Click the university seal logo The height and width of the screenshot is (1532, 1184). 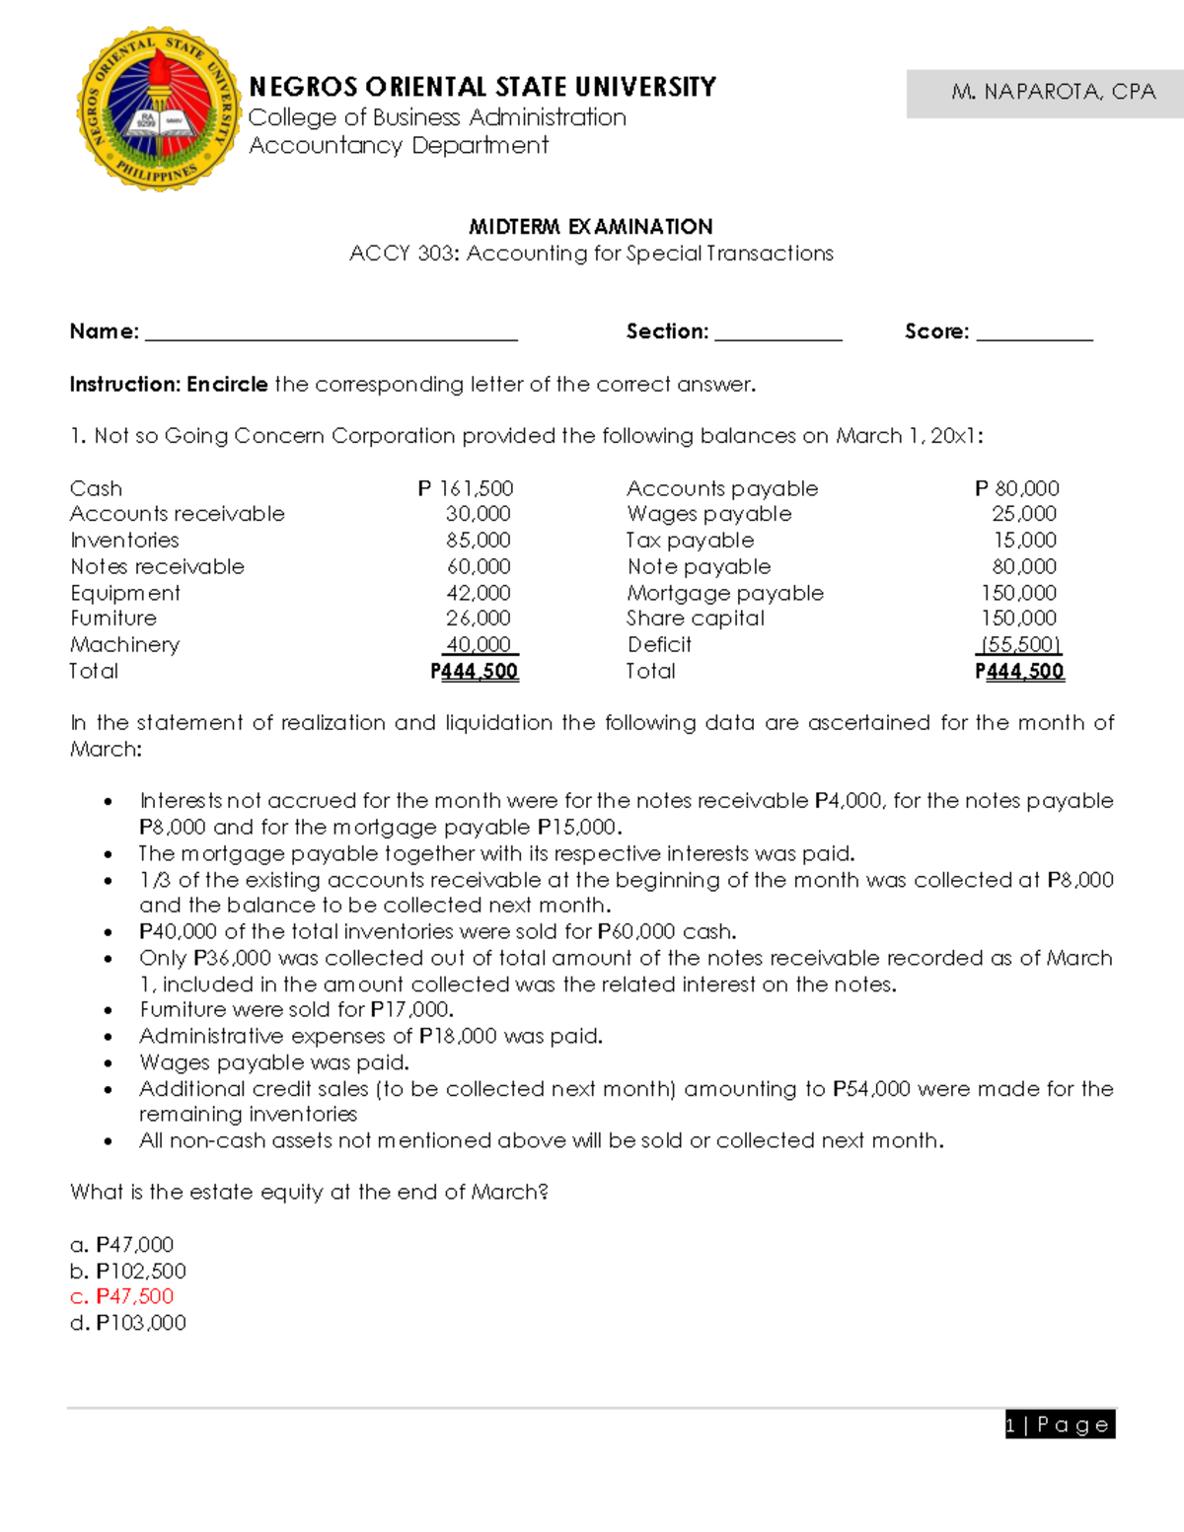[159, 109]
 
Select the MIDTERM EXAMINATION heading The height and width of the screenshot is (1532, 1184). [591, 227]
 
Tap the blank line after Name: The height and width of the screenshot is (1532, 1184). [332, 334]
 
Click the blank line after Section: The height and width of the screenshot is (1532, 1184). [777, 334]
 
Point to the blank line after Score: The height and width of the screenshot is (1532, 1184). [1034, 334]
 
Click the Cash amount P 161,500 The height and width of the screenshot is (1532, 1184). [466, 488]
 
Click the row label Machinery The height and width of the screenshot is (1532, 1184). [125, 645]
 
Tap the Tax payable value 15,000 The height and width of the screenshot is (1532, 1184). [1024, 541]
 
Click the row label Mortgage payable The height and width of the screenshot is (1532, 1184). [725, 593]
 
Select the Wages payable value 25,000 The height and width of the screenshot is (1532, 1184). [1024, 514]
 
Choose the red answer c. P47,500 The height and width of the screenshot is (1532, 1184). [122, 1296]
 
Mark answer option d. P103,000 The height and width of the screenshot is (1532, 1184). [128, 1323]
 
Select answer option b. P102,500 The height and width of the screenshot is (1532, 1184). [128, 1271]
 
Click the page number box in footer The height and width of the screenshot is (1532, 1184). [1060, 1424]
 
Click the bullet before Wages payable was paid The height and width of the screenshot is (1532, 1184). [109, 1063]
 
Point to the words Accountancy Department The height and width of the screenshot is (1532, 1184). [399, 146]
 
